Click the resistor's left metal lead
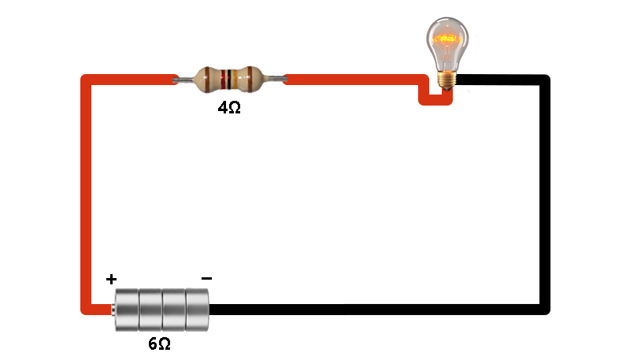183,80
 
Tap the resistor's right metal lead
277,80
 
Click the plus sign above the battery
111,280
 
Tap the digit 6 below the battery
153,344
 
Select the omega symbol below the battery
164,344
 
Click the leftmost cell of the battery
127,310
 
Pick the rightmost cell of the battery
197,310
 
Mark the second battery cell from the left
150,310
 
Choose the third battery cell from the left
174,310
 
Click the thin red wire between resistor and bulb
354,80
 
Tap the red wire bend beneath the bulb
435,100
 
